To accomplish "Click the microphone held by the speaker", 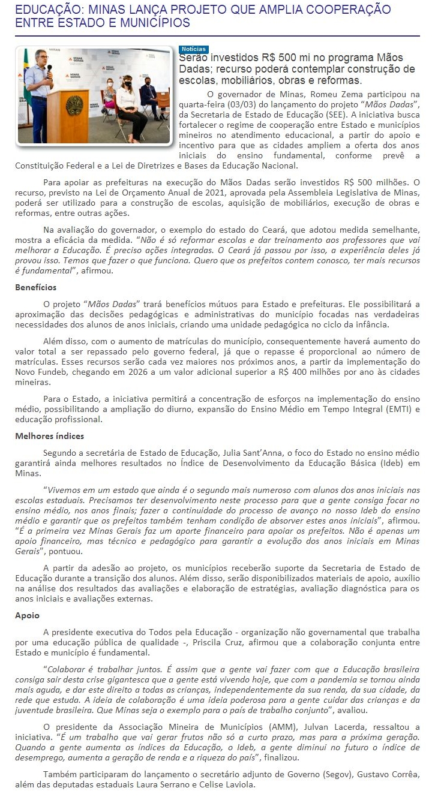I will tap(49, 68).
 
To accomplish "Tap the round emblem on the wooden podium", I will tap(73, 106).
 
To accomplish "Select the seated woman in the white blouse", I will tap(127, 99).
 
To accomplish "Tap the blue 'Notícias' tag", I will tap(193, 49).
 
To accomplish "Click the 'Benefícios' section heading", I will tap(35, 288).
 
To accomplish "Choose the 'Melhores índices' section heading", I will tap(49, 436).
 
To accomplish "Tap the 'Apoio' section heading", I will tap(27, 615).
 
